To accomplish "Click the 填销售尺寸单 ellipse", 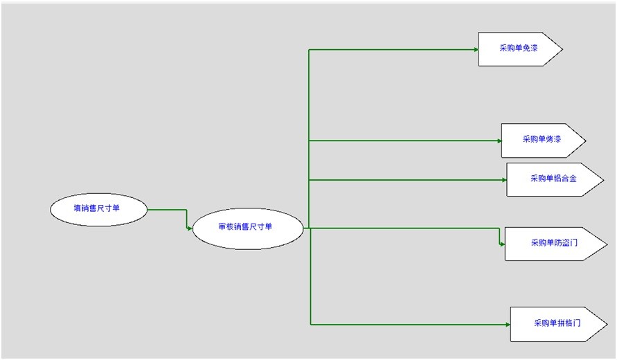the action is (x=98, y=209).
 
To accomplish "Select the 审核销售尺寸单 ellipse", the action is (x=248, y=228).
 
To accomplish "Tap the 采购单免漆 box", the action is (x=520, y=49).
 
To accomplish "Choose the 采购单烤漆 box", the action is (x=544, y=141).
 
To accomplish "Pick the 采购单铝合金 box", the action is (x=555, y=180).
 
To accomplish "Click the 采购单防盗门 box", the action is (x=556, y=244).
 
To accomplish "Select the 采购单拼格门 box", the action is (x=559, y=324).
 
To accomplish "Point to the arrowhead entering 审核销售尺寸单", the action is (x=190, y=228).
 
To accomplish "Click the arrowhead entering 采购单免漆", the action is (x=476, y=50).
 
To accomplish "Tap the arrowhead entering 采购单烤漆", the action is (x=499, y=141).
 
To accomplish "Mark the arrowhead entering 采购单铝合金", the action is (x=504, y=180).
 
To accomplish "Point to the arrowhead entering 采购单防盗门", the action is (x=503, y=244).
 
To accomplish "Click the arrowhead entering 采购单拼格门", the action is (x=508, y=325).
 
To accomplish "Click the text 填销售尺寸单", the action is (x=97, y=208).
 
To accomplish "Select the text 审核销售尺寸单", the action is (x=245, y=226).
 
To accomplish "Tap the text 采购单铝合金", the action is (x=554, y=178).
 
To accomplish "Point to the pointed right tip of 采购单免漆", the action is (x=563, y=49).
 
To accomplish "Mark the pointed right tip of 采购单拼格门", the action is (x=607, y=324).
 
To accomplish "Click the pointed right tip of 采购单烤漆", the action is (x=586, y=141).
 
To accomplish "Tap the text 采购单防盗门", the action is (x=555, y=242).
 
